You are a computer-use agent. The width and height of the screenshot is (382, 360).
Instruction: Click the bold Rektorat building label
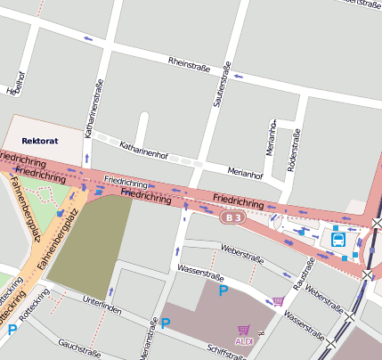coord(39,141)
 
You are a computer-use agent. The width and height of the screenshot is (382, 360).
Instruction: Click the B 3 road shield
coord(233,217)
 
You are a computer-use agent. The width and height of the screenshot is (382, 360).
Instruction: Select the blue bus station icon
coord(338,239)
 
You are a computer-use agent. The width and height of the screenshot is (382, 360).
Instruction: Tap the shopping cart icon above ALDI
coord(244,330)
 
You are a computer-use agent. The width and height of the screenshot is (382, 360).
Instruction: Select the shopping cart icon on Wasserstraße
coord(279,300)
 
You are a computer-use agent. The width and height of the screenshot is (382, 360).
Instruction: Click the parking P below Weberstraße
coord(224,290)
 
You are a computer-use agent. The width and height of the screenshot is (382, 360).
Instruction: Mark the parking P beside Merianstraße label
coord(165,323)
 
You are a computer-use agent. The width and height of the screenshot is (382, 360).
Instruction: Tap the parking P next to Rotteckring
coord(12,331)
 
